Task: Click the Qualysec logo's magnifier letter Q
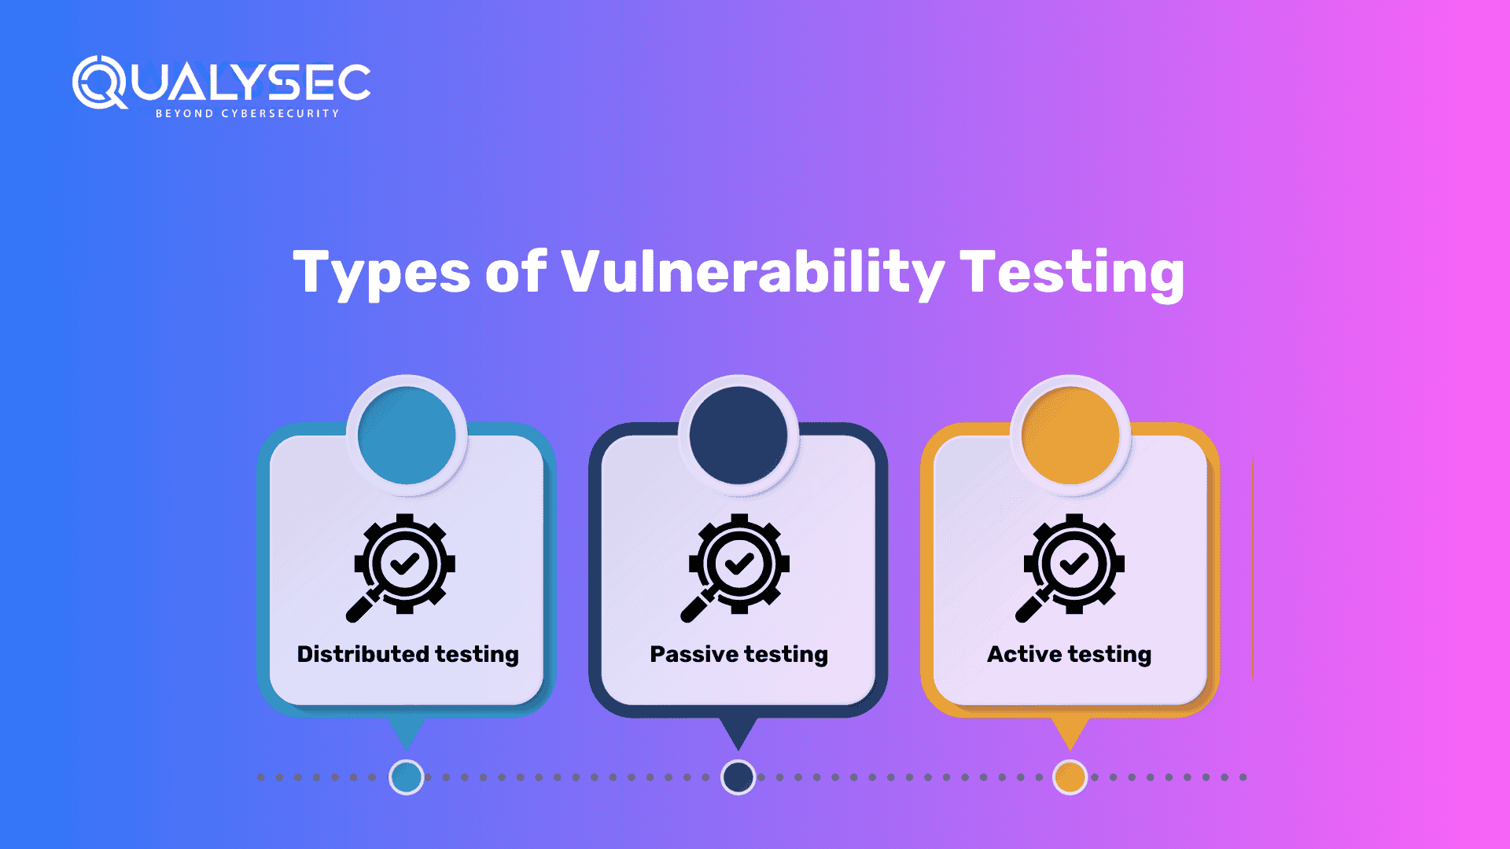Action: [x=99, y=82]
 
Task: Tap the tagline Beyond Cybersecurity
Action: [x=248, y=114]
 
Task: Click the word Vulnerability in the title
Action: [x=753, y=273]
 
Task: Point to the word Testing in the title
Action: [x=1073, y=274]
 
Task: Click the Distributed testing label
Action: [x=407, y=654]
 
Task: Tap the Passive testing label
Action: [x=738, y=654]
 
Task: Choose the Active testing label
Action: [x=1070, y=654]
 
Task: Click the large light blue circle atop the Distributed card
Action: [x=407, y=435]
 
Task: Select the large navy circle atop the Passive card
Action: [x=738, y=435]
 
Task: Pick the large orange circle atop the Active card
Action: [x=1070, y=435]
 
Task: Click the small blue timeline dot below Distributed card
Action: [x=407, y=777]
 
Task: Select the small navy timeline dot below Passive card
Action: [x=738, y=777]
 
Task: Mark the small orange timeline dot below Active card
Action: [x=1070, y=777]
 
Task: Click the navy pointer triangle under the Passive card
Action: [x=738, y=731]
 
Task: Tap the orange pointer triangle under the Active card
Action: [x=1070, y=731]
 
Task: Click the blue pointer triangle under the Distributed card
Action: [x=407, y=731]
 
